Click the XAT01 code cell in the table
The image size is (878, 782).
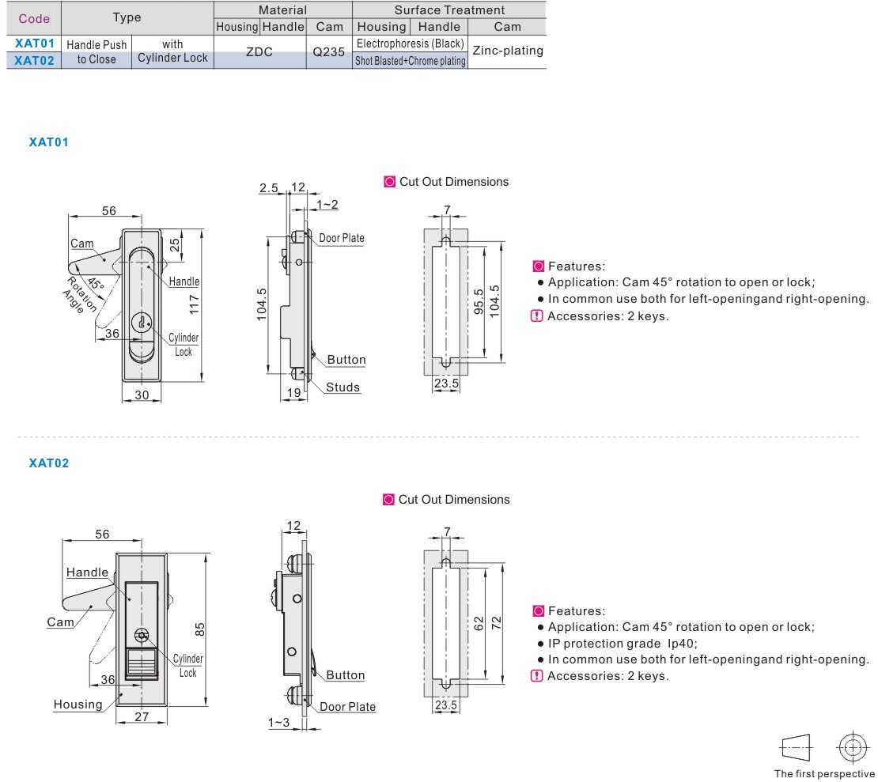(x=34, y=43)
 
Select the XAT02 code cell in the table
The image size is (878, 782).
(x=34, y=59)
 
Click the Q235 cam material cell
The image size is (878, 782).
(x=329, y=52)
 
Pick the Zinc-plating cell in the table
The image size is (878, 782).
(x=507, y=51)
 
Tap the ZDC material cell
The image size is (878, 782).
(x=259, y=52)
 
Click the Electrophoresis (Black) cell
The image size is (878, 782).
(x=410, y=43)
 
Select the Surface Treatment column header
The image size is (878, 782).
(x=449, y=10)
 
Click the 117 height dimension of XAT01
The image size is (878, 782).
(x=194, y=304)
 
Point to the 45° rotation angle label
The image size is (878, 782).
(x=95, y=283)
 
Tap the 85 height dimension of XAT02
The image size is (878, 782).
(x=201, y=629)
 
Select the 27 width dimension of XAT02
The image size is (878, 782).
(x=141, y=716)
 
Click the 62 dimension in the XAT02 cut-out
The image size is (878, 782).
(x=477, y=622)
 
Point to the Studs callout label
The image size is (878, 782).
(x=343, y=387)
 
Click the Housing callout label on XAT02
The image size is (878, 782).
(x=78, y=705)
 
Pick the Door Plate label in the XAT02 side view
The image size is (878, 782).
(x=347, y=707)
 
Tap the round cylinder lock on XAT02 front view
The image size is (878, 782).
(x=142, y=634)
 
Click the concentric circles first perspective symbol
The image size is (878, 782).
(x=851, y=746)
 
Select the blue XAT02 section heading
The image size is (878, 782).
(x=49, y=463)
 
